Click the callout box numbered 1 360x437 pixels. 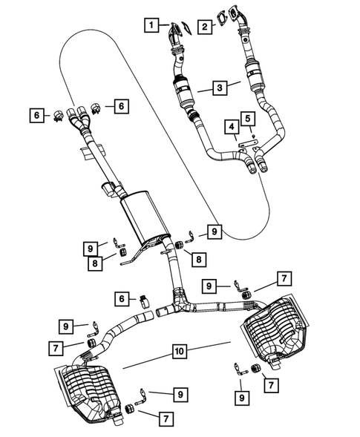(x=151, y=26)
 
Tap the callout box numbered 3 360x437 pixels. (x=219, y=88)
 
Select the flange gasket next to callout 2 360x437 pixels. (x=220, y=13)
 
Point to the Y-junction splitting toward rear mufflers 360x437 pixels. (x=180, y=300)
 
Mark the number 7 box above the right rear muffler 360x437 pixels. (x=284, y=278)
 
